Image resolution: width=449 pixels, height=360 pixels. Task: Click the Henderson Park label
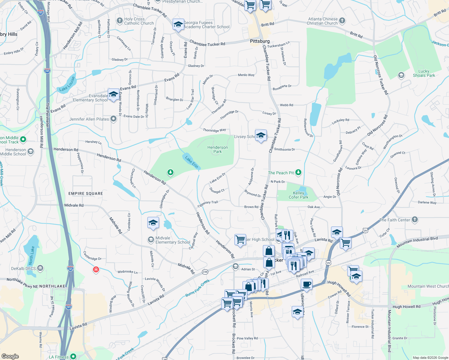coord(218,149)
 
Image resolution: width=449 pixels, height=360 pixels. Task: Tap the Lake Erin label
coord(191,162)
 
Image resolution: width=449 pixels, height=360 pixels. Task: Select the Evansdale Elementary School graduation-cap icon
coord(113,95)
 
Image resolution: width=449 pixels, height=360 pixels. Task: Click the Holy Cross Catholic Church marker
coord(120,21)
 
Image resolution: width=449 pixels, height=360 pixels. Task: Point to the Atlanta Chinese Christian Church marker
coord(342,21)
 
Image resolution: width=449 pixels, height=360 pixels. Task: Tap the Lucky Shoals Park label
coord(424,73)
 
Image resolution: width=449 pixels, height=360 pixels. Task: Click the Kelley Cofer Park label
coord(298,195)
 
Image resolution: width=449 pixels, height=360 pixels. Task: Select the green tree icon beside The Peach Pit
coord(298,172)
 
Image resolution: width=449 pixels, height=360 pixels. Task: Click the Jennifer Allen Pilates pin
coord(113,119)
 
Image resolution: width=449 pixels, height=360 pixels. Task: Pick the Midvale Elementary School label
coord(173,240)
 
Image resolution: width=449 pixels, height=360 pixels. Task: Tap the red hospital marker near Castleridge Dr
coord(96,269)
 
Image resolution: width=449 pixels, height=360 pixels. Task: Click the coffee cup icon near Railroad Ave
coord(306,284)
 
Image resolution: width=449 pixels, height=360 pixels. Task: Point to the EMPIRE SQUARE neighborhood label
coord(86,193)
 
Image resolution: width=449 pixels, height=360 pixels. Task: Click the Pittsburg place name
coord(260,41)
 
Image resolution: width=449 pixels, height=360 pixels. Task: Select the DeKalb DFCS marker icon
coord(40,268)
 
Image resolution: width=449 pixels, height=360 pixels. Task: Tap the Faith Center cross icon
coord(414,220)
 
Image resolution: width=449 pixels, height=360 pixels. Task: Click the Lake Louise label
coord(67,84)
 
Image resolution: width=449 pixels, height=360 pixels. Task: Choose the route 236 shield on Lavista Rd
coord(205,272)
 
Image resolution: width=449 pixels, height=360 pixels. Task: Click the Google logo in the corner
coord(10,356)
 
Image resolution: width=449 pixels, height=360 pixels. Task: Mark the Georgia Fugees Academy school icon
coord(178,25)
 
